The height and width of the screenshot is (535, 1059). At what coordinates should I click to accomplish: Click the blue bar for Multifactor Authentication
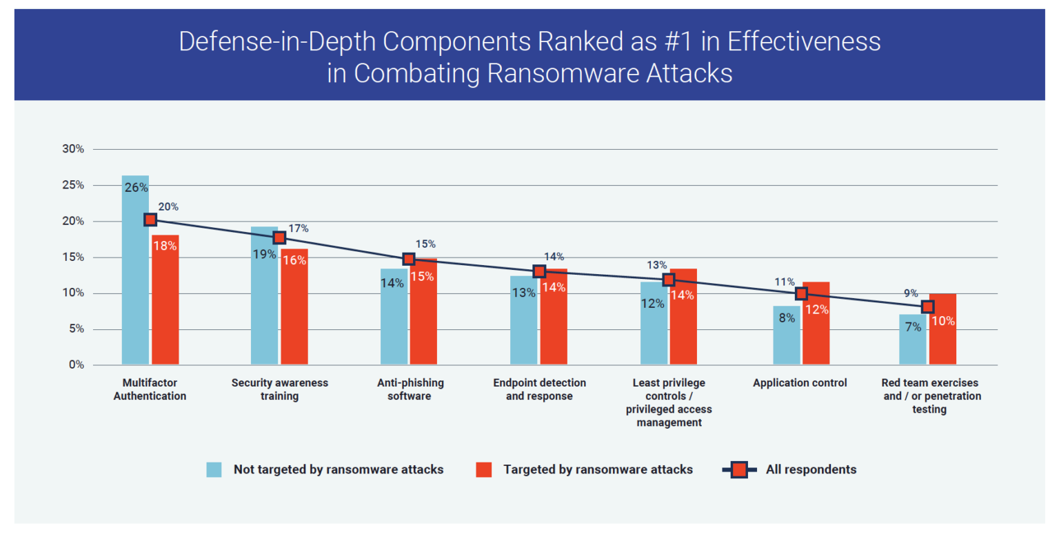(135, 276)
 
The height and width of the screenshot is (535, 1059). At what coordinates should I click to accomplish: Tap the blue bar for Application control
(786, 338)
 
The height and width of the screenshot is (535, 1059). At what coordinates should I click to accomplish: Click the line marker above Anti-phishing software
(409, 259)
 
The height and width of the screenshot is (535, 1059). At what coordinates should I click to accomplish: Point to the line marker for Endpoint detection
(539, 271)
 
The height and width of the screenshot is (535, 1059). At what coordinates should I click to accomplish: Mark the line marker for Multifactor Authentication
(150, 220)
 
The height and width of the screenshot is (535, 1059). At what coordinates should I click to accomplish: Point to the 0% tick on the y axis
(74, 365)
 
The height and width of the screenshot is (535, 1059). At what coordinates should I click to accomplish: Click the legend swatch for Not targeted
(214, 469)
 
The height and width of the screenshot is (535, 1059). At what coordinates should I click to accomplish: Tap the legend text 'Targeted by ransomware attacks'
(598, 469)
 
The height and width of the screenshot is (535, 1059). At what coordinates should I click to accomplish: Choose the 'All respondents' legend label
(811, 469)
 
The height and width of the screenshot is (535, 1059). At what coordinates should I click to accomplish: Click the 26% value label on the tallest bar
(135, 186)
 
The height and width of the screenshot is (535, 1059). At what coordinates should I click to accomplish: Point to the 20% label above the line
(169, 206)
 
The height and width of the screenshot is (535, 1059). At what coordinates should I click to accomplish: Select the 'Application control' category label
(800, 383)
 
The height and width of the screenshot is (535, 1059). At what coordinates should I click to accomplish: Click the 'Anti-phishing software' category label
(410, 389)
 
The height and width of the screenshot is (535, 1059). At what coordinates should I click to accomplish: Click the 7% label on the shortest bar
(913, 327)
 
